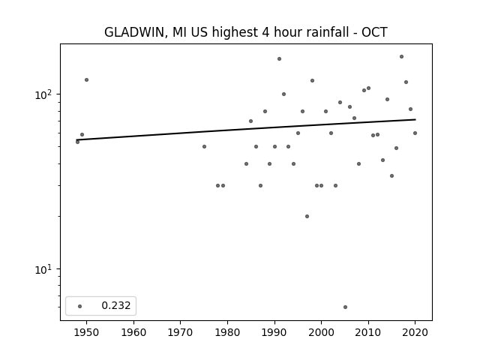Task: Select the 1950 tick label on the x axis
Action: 86,332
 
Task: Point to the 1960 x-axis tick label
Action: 133,332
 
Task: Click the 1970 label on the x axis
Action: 180,332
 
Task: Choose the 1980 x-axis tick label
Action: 227,332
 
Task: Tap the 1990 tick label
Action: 274,332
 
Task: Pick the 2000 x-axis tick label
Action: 321,332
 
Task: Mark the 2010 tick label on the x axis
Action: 368,332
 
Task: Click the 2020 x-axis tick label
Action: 415,332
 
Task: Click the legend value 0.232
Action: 116,305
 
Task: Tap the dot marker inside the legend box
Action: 80,306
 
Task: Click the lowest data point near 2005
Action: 345,307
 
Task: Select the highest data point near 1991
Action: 279,58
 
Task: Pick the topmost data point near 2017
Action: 402,57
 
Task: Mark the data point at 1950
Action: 87,80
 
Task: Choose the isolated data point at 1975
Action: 204,147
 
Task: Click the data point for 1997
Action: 307,217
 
